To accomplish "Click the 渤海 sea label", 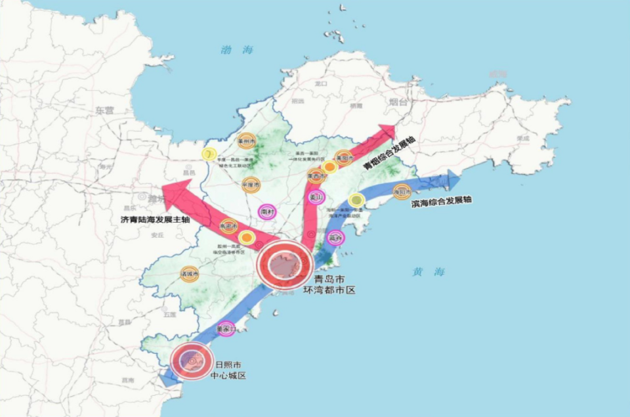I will pyautogui.click(x=237, y=50).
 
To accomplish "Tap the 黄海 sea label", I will pyautogui.click(x=429, y=272).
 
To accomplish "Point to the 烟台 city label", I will pyautogui.click(x=398, y=102).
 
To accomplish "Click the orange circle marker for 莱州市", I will pyautogui.click(x=246, y=140).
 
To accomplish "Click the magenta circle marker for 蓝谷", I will pyautogui.click(x=335, y=238).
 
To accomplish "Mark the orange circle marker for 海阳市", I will pyautogui.click(x=401, y=192).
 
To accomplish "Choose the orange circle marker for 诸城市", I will pyautogui.click(x=190, y=273).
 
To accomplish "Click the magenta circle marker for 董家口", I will pyautogui.click(x=226, y=328).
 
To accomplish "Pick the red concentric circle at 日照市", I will pyautogui.click(x=192, y=361).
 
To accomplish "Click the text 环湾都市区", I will pyautogui.click(x=329, y=289).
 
